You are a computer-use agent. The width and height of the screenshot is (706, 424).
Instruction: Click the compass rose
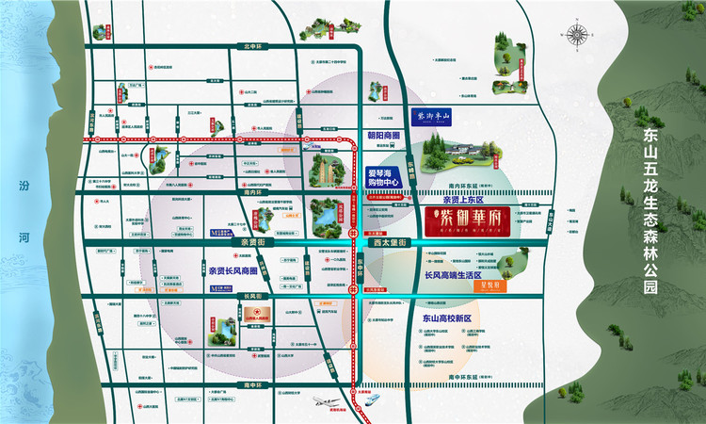[577, 37]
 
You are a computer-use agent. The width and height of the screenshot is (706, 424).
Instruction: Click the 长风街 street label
[250, 296]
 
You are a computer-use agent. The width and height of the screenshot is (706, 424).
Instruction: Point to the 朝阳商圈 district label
[383, 135]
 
